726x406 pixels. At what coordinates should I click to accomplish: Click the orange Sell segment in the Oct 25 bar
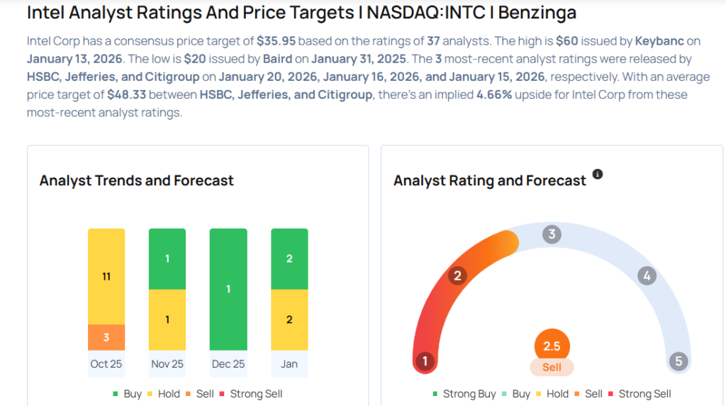click(x=106, y=337)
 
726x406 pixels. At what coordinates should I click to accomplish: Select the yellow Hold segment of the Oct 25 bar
click(x=106, y=276)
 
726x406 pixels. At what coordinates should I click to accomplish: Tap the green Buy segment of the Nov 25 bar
click(x=167, y=259)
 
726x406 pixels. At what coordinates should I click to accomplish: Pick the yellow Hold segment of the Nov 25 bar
click(x=167, y=319)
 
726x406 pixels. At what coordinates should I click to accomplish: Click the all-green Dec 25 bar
click(x=228, y=289)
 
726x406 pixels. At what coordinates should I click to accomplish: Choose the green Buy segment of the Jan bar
click(x=289, y=259)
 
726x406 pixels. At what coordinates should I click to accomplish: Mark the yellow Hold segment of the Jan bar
click(x=289, y=319)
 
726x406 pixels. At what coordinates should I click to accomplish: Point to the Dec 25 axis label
click(x=228, y=364)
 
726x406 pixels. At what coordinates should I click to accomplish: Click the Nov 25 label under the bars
click(x=167, y=364)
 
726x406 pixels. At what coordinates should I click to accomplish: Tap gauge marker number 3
click(x=552, y=235)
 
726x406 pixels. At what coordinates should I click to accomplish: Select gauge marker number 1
click(x=425, y=361)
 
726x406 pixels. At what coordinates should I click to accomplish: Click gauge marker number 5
click(x=678, y=361)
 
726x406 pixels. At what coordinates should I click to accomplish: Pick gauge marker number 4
click(x=646, y=275)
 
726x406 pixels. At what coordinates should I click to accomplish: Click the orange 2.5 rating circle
click(x=552, y=346)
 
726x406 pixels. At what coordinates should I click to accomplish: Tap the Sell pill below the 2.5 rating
click(x=552, y=367)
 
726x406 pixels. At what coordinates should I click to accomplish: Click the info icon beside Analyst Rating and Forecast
click(x=598, y=175)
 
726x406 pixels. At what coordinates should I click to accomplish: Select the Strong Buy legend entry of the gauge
click(x=464, y=393)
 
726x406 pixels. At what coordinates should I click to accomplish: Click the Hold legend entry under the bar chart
click(x=163, y=393)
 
